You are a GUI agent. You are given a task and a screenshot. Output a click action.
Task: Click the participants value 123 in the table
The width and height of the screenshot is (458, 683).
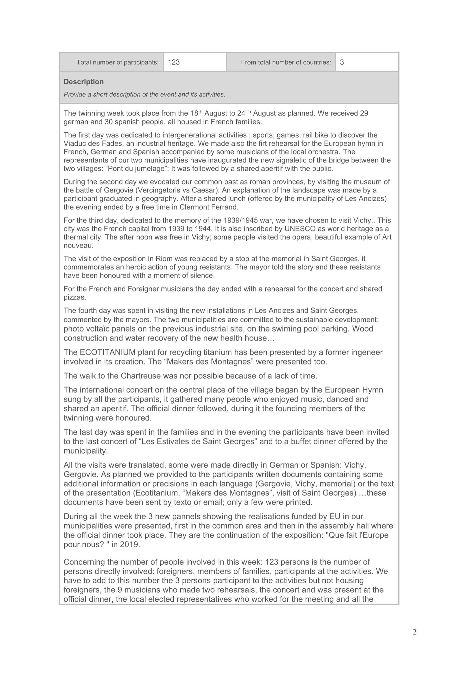[174, 62]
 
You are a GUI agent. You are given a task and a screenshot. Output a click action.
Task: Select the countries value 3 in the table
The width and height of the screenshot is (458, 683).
[342, 62]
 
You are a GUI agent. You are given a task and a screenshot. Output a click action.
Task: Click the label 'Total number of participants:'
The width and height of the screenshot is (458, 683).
[118, 62]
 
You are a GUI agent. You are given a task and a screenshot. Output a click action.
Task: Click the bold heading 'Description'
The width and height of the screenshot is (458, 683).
[84, 82]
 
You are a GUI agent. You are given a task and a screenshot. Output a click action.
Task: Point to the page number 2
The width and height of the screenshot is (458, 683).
[414, 632]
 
